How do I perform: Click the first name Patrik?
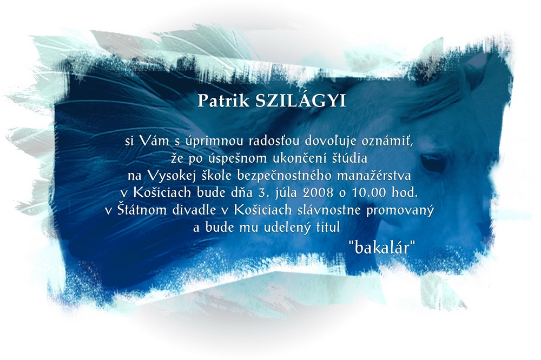(223, 101)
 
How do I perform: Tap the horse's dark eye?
(433, 163)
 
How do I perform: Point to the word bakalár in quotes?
(381, 247)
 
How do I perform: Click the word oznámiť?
(387, 141)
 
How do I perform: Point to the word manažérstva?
(374, 176)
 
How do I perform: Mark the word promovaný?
(400, 210)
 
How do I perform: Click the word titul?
(328, 227)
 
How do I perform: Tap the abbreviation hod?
(404, 192)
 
